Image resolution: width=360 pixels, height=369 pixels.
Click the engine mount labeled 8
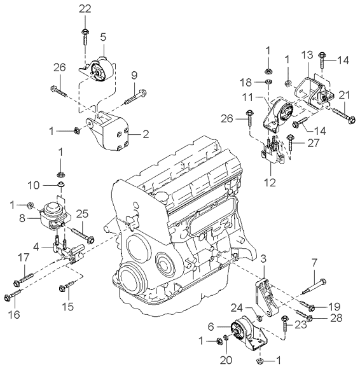52,216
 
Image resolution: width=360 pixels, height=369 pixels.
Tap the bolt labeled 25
83,233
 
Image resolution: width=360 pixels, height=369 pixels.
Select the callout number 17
24,258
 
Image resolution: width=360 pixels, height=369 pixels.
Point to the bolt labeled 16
18,295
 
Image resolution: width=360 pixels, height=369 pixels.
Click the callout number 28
336,317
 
